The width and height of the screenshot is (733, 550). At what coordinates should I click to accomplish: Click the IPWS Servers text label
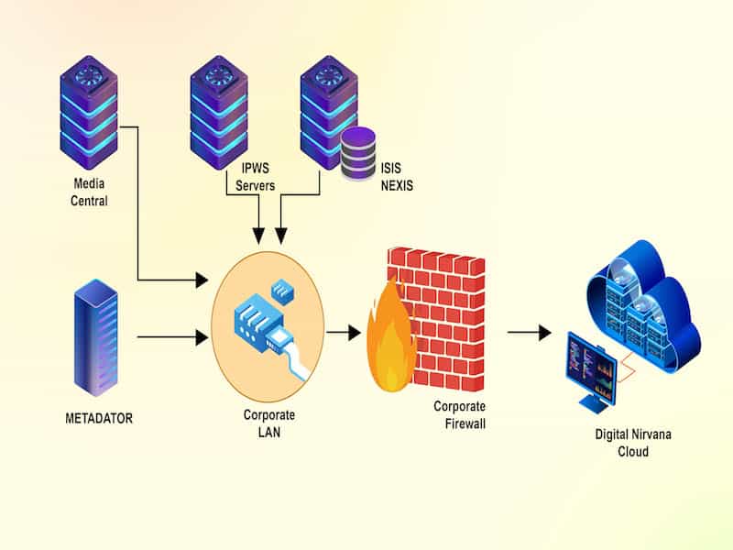click(x=257, y=178)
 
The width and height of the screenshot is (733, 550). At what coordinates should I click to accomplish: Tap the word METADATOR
click(x=99, y=418)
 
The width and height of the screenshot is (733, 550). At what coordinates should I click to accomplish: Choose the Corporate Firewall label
click(x=459, y=415)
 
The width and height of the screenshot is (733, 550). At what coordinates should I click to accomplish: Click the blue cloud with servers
click(x=641, y=303)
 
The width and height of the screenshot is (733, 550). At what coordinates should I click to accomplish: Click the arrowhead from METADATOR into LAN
click(x=202, y=337)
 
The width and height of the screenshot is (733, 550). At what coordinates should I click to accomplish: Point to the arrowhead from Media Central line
click(x=202, y=280)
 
